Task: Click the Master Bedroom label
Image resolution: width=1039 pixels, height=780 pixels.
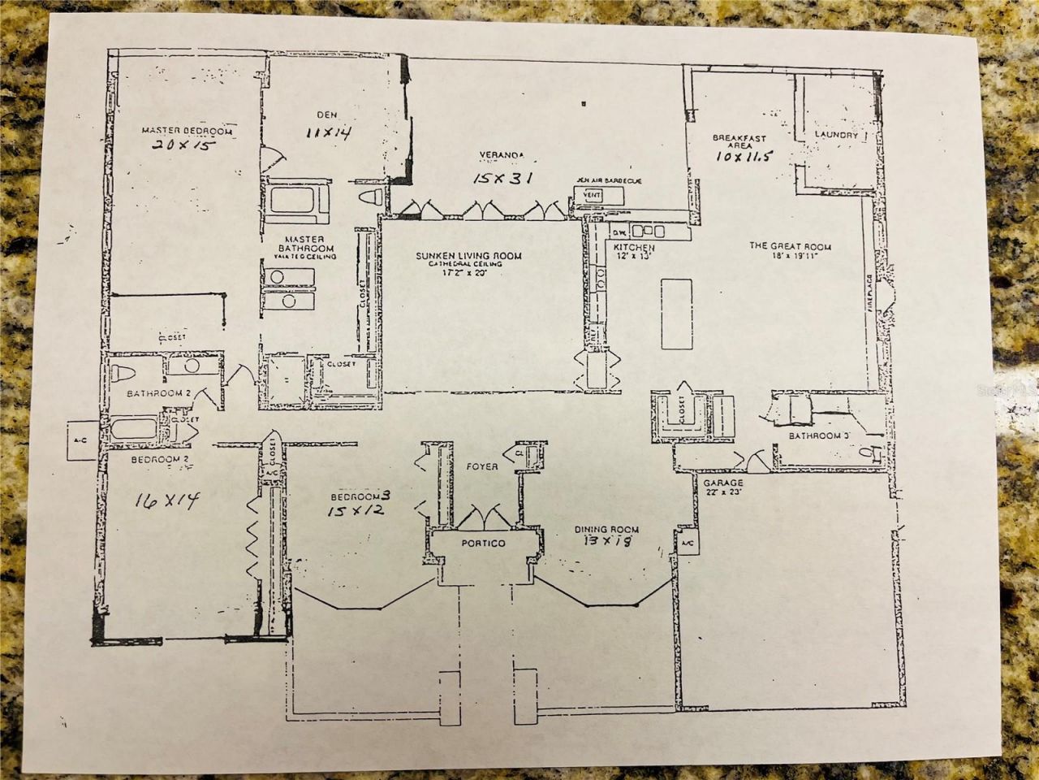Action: coord(187,131)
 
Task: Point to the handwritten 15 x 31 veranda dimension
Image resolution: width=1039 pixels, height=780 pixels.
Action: coord(502,176)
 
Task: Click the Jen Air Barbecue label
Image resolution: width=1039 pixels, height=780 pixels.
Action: coord(609,180)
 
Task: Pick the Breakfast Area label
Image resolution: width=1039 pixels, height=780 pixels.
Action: coord(739,143)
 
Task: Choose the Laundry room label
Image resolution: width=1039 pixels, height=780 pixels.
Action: coord(836,136)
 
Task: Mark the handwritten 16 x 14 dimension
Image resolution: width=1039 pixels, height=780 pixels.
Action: coord(166,501)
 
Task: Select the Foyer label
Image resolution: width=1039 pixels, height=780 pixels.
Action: coord(481,467)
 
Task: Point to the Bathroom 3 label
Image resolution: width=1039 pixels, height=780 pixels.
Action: coord(819,436)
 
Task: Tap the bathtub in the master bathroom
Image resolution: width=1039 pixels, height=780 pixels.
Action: coord(296,200)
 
